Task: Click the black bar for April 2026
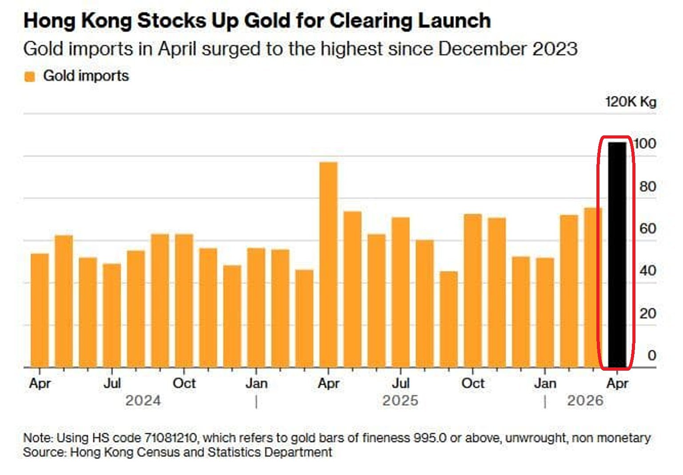617,254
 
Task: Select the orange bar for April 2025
328,265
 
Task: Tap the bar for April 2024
40,310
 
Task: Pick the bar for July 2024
112,316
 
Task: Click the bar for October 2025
473,290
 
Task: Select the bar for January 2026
545,313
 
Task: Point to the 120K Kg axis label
631,102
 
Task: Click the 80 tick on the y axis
647,186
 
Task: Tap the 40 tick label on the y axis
647,271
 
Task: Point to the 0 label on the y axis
651,356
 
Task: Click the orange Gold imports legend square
30,76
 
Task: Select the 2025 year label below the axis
400,400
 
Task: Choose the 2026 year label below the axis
585,400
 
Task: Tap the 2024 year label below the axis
143,400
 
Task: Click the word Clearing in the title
371,21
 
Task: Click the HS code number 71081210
171,438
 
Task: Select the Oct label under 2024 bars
184,383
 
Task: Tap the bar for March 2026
593,288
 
